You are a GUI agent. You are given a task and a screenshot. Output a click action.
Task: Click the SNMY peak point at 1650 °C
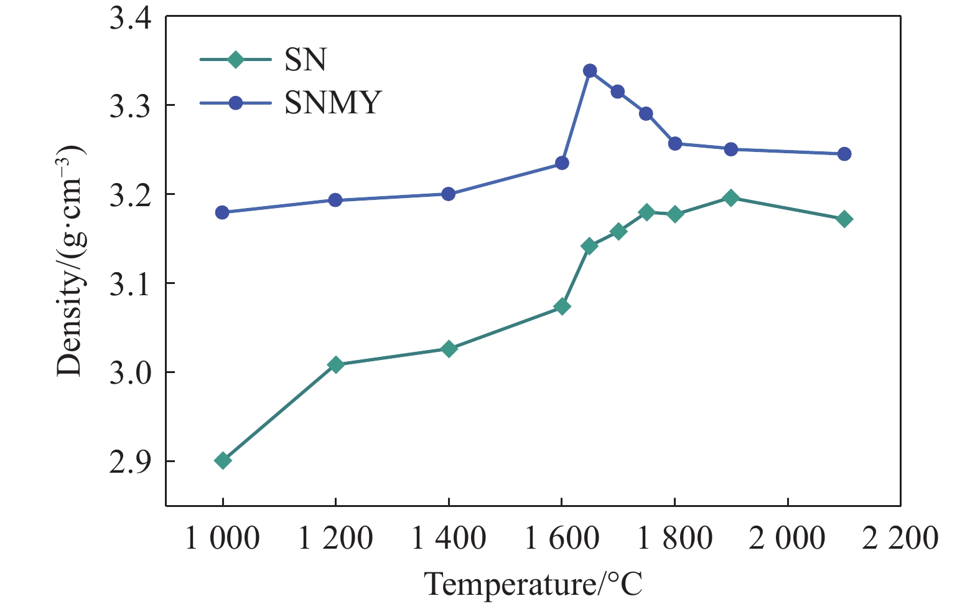click(x=590, y=71)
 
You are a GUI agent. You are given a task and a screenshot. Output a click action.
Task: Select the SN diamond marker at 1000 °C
click(x=223, y=461)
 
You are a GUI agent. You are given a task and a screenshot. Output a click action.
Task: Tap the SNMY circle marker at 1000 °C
click(x=222, y=212)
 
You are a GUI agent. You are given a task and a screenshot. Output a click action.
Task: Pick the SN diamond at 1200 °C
click(x=335, y=364)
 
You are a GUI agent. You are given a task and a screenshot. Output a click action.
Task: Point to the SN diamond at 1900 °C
click(x=731, y=198)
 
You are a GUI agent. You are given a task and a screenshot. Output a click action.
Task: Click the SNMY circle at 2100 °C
click(x=844, y=154)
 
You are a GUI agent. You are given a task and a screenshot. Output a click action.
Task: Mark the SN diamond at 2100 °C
click(x=844, y=219)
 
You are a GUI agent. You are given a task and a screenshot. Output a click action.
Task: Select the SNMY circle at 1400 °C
click(x=449, y=194)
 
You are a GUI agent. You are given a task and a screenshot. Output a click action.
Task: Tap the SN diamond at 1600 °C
click(x=562, y=306)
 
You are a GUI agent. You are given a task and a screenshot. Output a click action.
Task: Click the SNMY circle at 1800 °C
click(x=675, y=144)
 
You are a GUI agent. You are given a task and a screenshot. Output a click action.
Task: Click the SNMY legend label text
click(x=332, y=103)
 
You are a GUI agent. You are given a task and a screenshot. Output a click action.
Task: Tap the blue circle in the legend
click(x=235, y=103)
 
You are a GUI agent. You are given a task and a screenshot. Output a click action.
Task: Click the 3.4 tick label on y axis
click(x=131, y=19)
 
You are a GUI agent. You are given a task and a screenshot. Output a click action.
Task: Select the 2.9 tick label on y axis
click(x=131, y=462)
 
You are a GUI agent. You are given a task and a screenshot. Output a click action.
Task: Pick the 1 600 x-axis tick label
click(x=562, y=538)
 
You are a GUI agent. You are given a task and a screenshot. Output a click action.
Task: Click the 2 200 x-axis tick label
click(x=900, y=538)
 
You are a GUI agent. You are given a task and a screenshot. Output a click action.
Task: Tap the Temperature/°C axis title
click(x=533, y=584)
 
